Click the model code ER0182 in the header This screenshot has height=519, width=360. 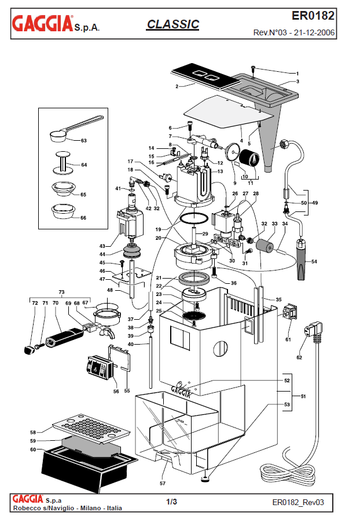pos(313,16)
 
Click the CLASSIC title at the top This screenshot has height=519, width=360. pos(172,24)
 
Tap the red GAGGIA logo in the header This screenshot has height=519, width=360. pos(42,23)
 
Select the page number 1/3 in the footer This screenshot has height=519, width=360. pos(171,502)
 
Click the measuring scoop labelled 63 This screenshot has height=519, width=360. pos(75,129)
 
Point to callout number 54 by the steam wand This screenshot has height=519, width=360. pos(314,261)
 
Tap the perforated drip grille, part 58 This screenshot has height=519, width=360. pos(91,429)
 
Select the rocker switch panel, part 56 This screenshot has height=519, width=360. pos(97,369)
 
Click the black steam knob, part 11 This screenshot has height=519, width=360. pos(248,158)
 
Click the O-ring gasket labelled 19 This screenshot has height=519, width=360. pos(194,218)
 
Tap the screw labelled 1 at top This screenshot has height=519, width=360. pos(253,68)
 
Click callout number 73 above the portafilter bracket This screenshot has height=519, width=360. pos(61,292)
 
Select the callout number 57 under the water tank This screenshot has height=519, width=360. pos(163,483)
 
